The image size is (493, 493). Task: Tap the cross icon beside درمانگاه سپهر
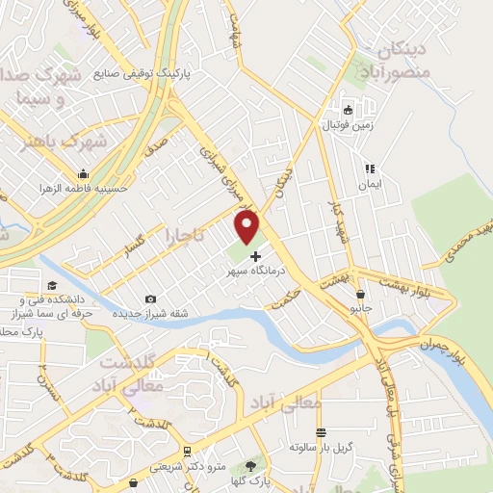255,256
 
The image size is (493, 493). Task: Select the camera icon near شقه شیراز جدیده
149,299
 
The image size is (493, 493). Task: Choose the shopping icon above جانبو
361,295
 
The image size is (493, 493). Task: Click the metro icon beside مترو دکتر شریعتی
186,451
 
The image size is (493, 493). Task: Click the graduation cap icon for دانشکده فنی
51,285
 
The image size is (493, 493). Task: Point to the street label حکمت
286,301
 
